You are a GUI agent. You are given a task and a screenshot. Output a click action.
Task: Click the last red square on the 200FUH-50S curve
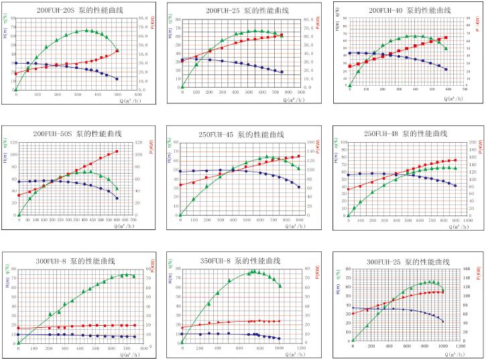117,152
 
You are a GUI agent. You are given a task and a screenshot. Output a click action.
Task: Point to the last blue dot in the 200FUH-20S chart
117,79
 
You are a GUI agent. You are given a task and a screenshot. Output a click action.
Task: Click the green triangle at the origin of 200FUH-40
350,85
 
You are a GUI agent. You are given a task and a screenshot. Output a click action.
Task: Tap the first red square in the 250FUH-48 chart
349,189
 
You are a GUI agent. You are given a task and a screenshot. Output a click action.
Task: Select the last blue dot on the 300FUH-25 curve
442,321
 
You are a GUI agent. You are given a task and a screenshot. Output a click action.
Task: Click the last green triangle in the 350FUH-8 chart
280,286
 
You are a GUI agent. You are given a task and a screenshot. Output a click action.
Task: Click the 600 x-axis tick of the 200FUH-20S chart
137,95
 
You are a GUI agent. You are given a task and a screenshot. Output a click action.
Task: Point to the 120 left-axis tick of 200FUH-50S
13,143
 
